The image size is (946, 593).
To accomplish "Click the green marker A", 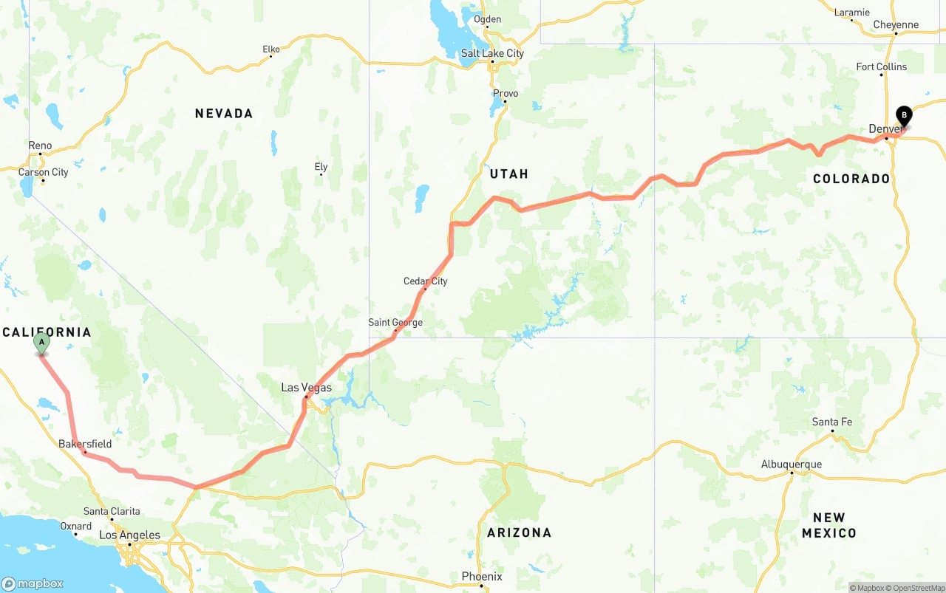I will tap(42, 343).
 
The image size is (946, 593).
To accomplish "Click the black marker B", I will tap(903, 116).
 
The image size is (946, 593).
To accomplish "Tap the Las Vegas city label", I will tap(306, 388).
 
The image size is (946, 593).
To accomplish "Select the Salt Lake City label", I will tap(492, 53).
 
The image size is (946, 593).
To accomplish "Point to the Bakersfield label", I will tap(85, 444).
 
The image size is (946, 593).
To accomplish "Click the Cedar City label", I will tap(425, 281).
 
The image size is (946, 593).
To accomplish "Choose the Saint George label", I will tap(395, 323).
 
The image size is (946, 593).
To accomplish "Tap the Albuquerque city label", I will tap(791, 465).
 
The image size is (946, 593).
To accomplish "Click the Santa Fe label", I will tap(831, 422).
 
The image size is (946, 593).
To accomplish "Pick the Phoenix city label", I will tap(482, 576).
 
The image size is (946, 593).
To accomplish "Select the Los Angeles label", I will tap(129, 535).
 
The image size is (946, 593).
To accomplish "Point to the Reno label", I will tap(40, 145).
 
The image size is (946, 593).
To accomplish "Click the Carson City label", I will tap(43, 172).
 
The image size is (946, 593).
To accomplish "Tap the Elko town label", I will tap(271, 49).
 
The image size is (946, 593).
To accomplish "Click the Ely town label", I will tap(321, 167).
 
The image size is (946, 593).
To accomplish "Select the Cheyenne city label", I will tap(896, 24).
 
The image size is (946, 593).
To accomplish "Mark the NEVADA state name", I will tap(224, 113).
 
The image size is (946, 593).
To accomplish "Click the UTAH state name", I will tap(509, 174).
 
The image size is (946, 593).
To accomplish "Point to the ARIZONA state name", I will tap(519, 532).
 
